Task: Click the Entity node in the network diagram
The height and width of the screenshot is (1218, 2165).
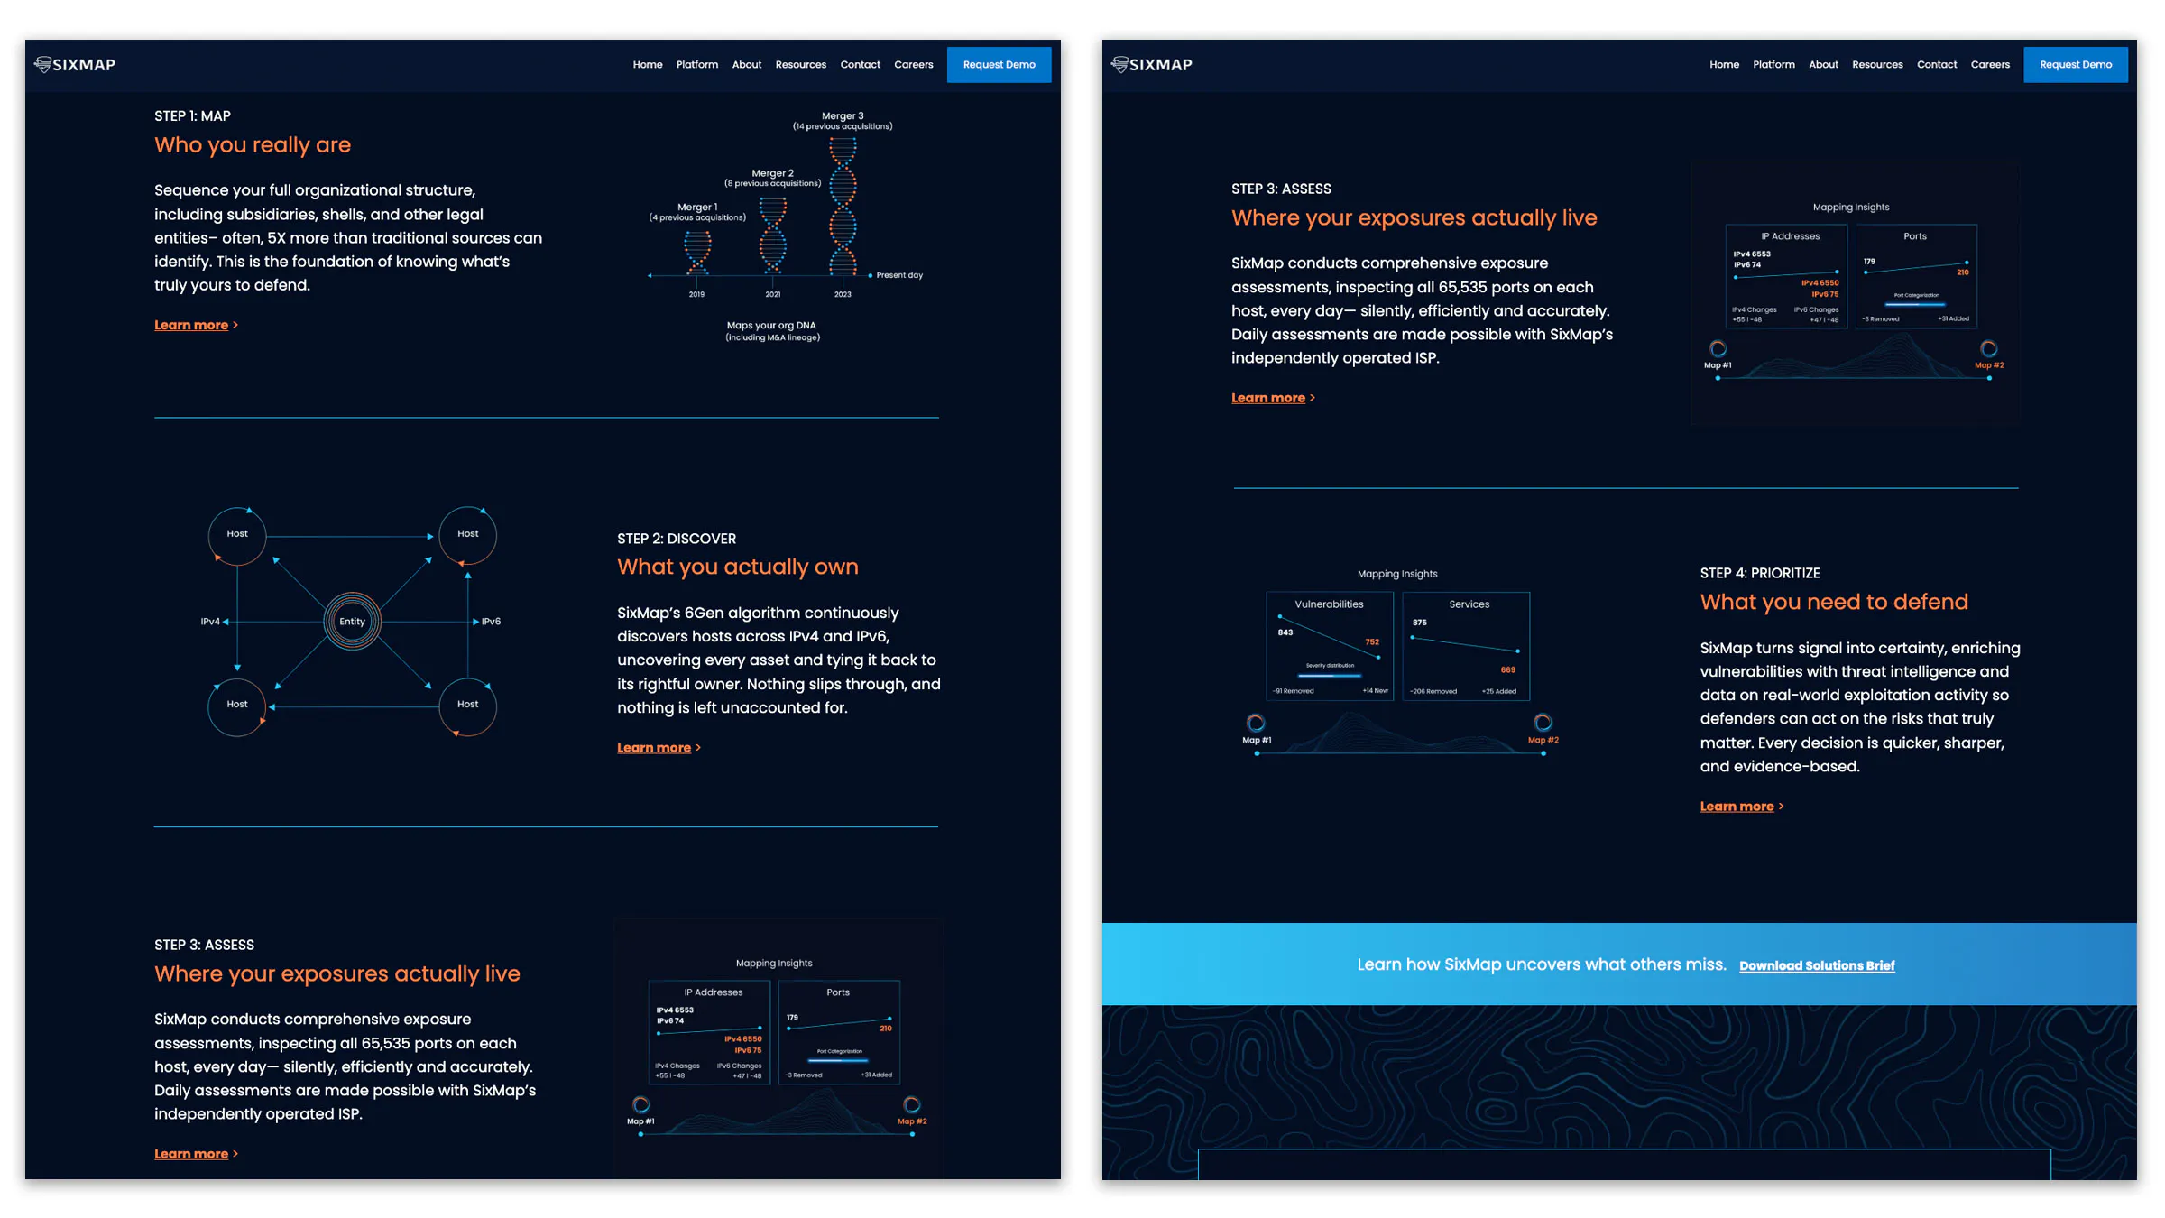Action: (352, 622)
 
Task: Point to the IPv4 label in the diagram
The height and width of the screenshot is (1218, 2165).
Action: (209, 622)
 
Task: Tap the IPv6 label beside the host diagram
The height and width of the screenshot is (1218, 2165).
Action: (491, 622)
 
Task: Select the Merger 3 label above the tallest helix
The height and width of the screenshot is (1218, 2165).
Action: (843, 115)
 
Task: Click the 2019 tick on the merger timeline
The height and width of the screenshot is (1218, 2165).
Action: (696, 294)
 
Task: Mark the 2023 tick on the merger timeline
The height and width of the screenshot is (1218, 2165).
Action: (843, 294)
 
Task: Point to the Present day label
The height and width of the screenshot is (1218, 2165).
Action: (899, 275)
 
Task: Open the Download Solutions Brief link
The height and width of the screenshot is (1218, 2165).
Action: (1817, 965)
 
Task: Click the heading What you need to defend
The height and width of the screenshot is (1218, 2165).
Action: (1833, 602)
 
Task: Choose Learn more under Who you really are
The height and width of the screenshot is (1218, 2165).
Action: (191, 325)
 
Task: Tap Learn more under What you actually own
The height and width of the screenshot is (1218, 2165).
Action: (654, 748)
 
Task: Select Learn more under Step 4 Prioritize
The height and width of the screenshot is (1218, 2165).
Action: (1737, 807)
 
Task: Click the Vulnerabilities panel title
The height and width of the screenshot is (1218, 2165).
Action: (1329, 604)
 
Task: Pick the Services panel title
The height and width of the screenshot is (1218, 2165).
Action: (1469, 604)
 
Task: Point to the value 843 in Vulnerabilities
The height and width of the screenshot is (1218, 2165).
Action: (1285, 632)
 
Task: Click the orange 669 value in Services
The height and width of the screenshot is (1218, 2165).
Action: (1507, 669)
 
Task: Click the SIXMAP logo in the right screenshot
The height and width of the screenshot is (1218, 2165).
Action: (1152, 65)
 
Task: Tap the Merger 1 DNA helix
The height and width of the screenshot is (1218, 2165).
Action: (697, 253)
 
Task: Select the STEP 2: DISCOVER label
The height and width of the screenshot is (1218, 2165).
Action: (676, 539)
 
